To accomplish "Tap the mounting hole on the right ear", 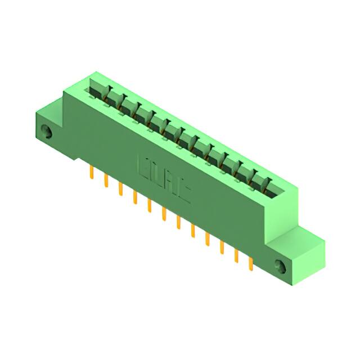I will click(281, 264).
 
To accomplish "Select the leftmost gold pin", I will click(91, 173).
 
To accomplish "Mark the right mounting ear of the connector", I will click(298, 253).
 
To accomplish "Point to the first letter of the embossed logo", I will click(143, 167).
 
